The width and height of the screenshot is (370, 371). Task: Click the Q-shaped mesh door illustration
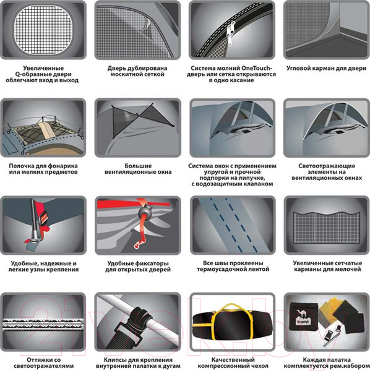pyautogui.click(x=43, y=30)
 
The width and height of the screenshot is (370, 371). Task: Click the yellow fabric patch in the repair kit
pyautogui.click(x=329, y=307)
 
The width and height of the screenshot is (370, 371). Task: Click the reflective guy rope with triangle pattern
pyautogui.click(x=43, y=325)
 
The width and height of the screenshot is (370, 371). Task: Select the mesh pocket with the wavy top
pyautogui.click(x=327, y=228)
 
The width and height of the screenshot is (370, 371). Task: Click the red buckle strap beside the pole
pyautogui.click(x=43, y=220)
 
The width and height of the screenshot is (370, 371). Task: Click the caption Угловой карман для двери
pyautogui.click(x=327, y=69)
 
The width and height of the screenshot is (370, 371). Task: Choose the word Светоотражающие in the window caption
pyautogui.click(x=327, y=166)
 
